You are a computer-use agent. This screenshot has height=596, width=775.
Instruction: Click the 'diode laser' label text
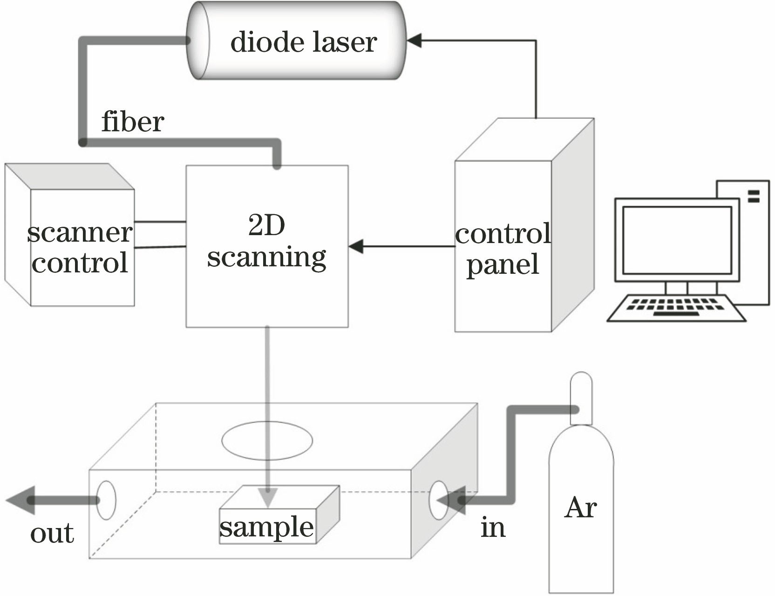coord(303,42)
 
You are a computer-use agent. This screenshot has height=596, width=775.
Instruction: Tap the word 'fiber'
coord(133,122)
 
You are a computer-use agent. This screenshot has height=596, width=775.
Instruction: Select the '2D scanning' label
coord(266,242)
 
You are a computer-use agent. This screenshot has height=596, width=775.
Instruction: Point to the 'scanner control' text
coord(80,247)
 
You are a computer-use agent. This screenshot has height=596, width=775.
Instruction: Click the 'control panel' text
coord(503,249)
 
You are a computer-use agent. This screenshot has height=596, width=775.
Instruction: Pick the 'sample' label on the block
coord(266,527)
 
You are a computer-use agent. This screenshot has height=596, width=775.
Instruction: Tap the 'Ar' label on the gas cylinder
coord(580,508)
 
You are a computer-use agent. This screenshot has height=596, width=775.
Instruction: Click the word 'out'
coord(52,533)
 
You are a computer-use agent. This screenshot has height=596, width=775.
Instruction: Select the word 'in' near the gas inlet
coord(493,528)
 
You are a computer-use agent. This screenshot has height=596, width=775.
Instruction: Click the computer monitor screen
coord(677,240)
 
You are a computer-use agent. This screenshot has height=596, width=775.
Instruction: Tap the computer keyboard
coord(676,308)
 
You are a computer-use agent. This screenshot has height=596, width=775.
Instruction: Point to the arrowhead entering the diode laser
coord(414,41)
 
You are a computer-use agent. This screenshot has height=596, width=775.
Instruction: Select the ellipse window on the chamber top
coord(267,440)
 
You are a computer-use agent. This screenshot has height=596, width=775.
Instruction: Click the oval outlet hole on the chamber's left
coord(106,500)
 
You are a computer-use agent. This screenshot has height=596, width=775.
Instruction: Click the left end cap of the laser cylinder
coord(198,41)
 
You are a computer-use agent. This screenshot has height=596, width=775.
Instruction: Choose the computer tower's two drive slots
coord(753,196)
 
